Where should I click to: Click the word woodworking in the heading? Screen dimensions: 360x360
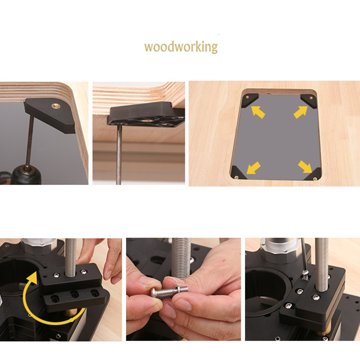click(181, 47)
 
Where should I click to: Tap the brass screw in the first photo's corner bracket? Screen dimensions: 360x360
click(55, 106)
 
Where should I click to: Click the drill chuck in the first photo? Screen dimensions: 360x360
click(27, 175)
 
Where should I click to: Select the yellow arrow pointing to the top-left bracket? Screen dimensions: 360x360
click(258, 112)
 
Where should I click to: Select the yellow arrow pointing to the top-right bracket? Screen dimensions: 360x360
click(301, 112)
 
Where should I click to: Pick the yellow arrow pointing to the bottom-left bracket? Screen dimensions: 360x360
click(253, 168)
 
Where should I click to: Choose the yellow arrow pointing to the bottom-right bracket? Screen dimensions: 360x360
click(305, 166)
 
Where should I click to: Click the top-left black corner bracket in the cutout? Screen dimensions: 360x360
click(250, 100)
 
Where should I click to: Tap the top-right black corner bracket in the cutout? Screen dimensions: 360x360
click(308, 100)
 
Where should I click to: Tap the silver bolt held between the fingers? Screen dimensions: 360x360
click(169, 291)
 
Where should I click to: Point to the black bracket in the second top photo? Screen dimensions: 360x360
click(146, 114)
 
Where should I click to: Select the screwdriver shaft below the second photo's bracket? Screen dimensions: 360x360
click(119, 154)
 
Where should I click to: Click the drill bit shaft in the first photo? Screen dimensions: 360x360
click(30, 140)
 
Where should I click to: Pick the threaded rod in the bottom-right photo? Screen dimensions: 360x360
click(321, 264)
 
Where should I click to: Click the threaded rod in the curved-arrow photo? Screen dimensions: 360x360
click(71, 257)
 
